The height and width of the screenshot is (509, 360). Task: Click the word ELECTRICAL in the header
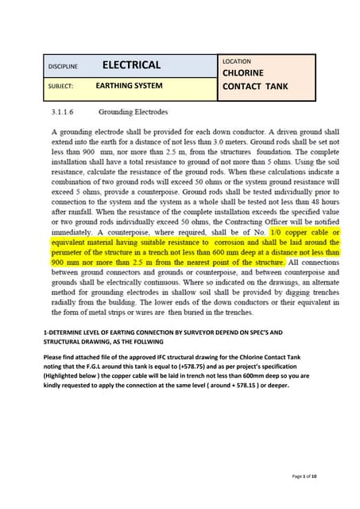131,65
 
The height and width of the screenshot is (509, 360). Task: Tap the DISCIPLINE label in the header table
63,67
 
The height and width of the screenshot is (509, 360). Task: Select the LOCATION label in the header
237,61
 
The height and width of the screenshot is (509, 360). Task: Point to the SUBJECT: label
61,86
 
